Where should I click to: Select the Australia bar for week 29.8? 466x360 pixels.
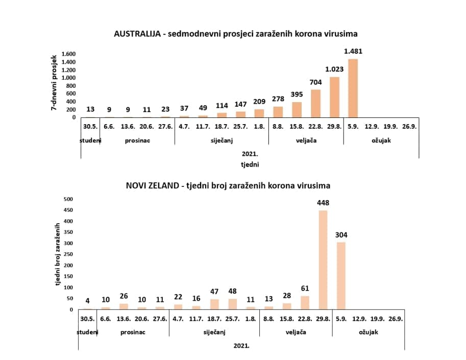pos(334,98)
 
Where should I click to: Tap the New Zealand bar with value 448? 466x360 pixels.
pos(324,260)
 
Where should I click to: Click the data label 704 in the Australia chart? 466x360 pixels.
pos(316,83)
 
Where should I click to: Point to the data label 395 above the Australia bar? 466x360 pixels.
pos(297,94)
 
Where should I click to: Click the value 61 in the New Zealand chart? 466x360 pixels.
pos(305,289)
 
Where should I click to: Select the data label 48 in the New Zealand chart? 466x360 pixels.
pos(233,291)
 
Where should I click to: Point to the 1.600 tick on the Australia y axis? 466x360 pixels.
pos(68,54)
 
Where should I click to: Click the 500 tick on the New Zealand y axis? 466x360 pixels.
pos(68,200)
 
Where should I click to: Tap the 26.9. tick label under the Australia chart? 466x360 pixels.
pos(409,126)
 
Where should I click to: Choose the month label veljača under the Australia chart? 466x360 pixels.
pos(306,140)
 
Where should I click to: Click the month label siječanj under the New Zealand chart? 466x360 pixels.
pos(214,332)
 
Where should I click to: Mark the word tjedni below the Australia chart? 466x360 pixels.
pos(250,164)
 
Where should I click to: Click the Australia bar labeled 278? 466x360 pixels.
pos(278,112)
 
